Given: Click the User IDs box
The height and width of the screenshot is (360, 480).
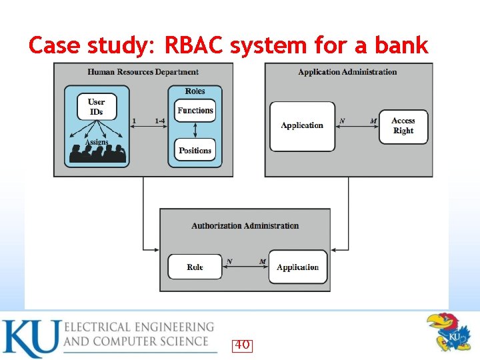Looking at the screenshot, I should click(x=96, y=107).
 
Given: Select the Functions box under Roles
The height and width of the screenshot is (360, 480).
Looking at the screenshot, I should click(x=195, y=111).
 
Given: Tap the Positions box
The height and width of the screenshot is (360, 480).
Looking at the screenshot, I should click(x=195, y=151).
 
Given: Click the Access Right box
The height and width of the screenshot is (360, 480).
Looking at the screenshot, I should click(x=403, y=126).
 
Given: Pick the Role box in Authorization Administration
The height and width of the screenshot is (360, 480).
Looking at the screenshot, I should click(x=195, y=267).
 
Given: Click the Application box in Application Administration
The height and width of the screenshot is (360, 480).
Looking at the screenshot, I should click(x=302, y=126).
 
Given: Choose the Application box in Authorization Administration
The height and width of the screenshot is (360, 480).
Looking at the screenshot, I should click(x=298, y=267).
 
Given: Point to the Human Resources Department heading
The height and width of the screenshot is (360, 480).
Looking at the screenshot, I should click(x=143, y=72).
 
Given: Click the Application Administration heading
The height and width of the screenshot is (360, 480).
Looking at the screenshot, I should click(x=347, y=72).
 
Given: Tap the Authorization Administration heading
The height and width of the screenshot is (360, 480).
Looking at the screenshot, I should click(x=245, y=226).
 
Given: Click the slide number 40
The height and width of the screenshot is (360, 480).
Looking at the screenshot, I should click(x=242, y=345).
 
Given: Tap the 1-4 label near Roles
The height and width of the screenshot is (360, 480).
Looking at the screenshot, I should click(x=160, y=121).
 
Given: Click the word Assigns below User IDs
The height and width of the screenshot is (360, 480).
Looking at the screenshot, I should click(x=97, y=142).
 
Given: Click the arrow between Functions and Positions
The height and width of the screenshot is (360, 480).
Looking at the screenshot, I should click(x=195, y=130).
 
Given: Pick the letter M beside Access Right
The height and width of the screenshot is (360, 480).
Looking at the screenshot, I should click(x=373, y=121).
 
